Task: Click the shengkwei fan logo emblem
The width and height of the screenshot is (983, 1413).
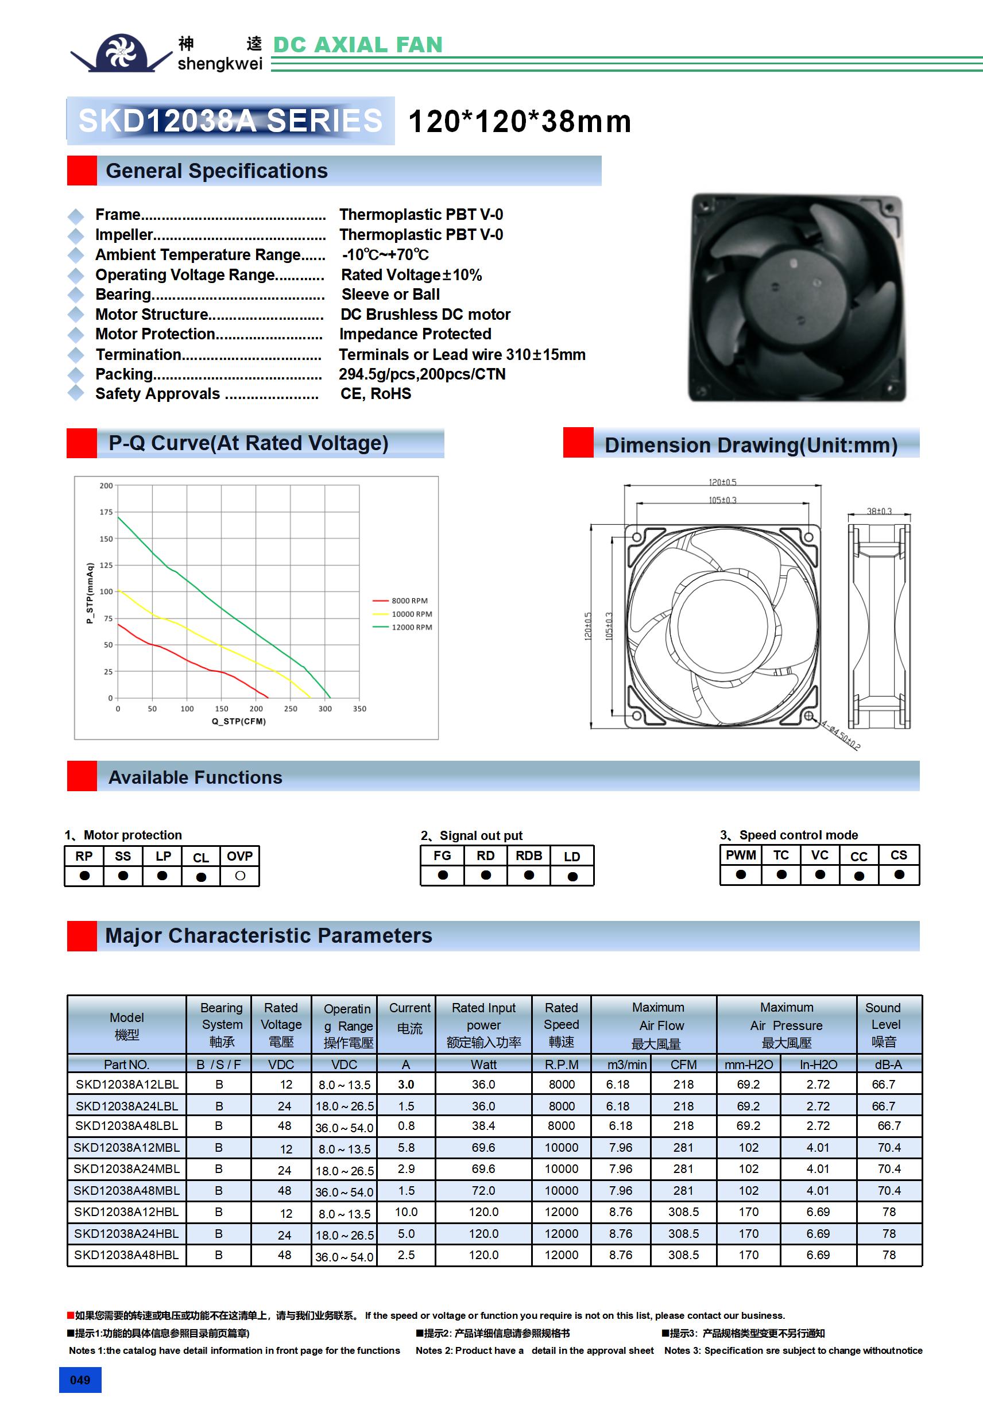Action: click(121, 52)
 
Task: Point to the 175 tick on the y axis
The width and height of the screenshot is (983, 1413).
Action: click(106, 512)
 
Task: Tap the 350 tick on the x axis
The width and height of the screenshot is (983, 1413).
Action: click(359, 709)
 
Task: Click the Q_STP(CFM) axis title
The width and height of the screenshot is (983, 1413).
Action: click(239, 721)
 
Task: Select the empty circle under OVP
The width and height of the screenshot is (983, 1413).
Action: click(240, 875)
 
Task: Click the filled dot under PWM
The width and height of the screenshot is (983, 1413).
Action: click(741, 874)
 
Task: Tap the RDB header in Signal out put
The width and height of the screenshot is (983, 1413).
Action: click(529, 855)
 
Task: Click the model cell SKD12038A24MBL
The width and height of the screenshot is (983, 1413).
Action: click(127, 1168)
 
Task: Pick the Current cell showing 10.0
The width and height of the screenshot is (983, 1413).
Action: click(407, 1212)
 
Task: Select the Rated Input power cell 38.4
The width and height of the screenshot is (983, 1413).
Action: click(483, 1125)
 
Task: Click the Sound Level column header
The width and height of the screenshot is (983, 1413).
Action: click(885, 1025)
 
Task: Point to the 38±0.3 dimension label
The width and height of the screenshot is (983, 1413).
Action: click(879, 512)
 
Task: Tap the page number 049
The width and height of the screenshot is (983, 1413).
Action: click(80, 1380)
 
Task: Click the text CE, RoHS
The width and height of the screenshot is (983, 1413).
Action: click(376, 394)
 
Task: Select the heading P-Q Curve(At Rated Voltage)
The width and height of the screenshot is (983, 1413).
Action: click(248, 443)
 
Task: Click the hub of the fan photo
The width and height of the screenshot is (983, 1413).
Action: click(795, 292)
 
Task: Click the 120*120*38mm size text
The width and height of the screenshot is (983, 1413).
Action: click(520, 121)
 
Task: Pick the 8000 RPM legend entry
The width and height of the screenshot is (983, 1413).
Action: click(409, 601)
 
